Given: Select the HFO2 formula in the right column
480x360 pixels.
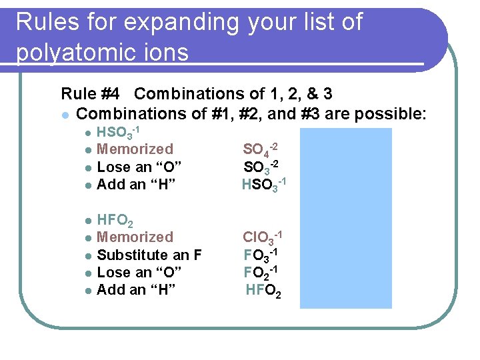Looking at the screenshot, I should (263, 291).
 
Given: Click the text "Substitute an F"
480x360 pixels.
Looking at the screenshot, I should (149, 255).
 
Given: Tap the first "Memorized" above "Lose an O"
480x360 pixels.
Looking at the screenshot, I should (135, 149).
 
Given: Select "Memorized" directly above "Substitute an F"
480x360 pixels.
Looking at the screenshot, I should (135, 237).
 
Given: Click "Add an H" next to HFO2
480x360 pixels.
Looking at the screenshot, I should (136, 290).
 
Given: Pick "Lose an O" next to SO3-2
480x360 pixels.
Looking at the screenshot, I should (136, 167).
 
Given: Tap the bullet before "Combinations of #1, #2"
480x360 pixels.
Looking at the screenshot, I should (64, 115).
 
